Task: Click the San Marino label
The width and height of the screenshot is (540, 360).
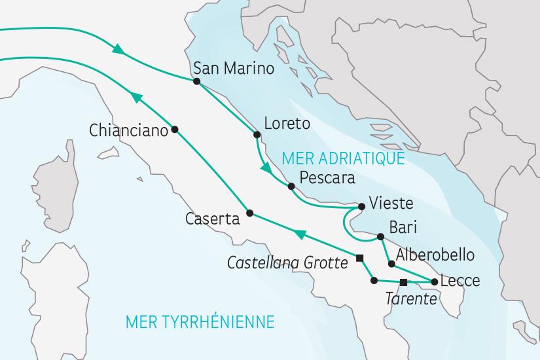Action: tap(234, 69)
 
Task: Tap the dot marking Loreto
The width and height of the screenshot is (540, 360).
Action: tap(257, 135)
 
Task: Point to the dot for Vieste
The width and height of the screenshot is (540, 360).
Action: tap(361, 207)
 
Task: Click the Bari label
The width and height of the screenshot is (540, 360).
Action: tap(403, 228)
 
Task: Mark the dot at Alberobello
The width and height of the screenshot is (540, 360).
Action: tap(391, 264)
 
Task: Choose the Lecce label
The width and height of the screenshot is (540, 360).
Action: tap(461, 281)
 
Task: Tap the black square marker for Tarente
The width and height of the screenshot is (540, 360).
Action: tap(403, 282)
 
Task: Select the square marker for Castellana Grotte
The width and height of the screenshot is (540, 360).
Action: tap(359, 258)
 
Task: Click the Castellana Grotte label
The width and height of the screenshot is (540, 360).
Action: tap(287, 262)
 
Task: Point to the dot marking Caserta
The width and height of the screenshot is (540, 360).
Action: tap(249, 213)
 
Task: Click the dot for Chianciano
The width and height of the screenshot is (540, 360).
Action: tap(174, 130)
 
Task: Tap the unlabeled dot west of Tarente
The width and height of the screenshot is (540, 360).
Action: tap(374, 281)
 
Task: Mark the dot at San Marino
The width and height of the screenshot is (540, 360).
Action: tap(196, 81)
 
